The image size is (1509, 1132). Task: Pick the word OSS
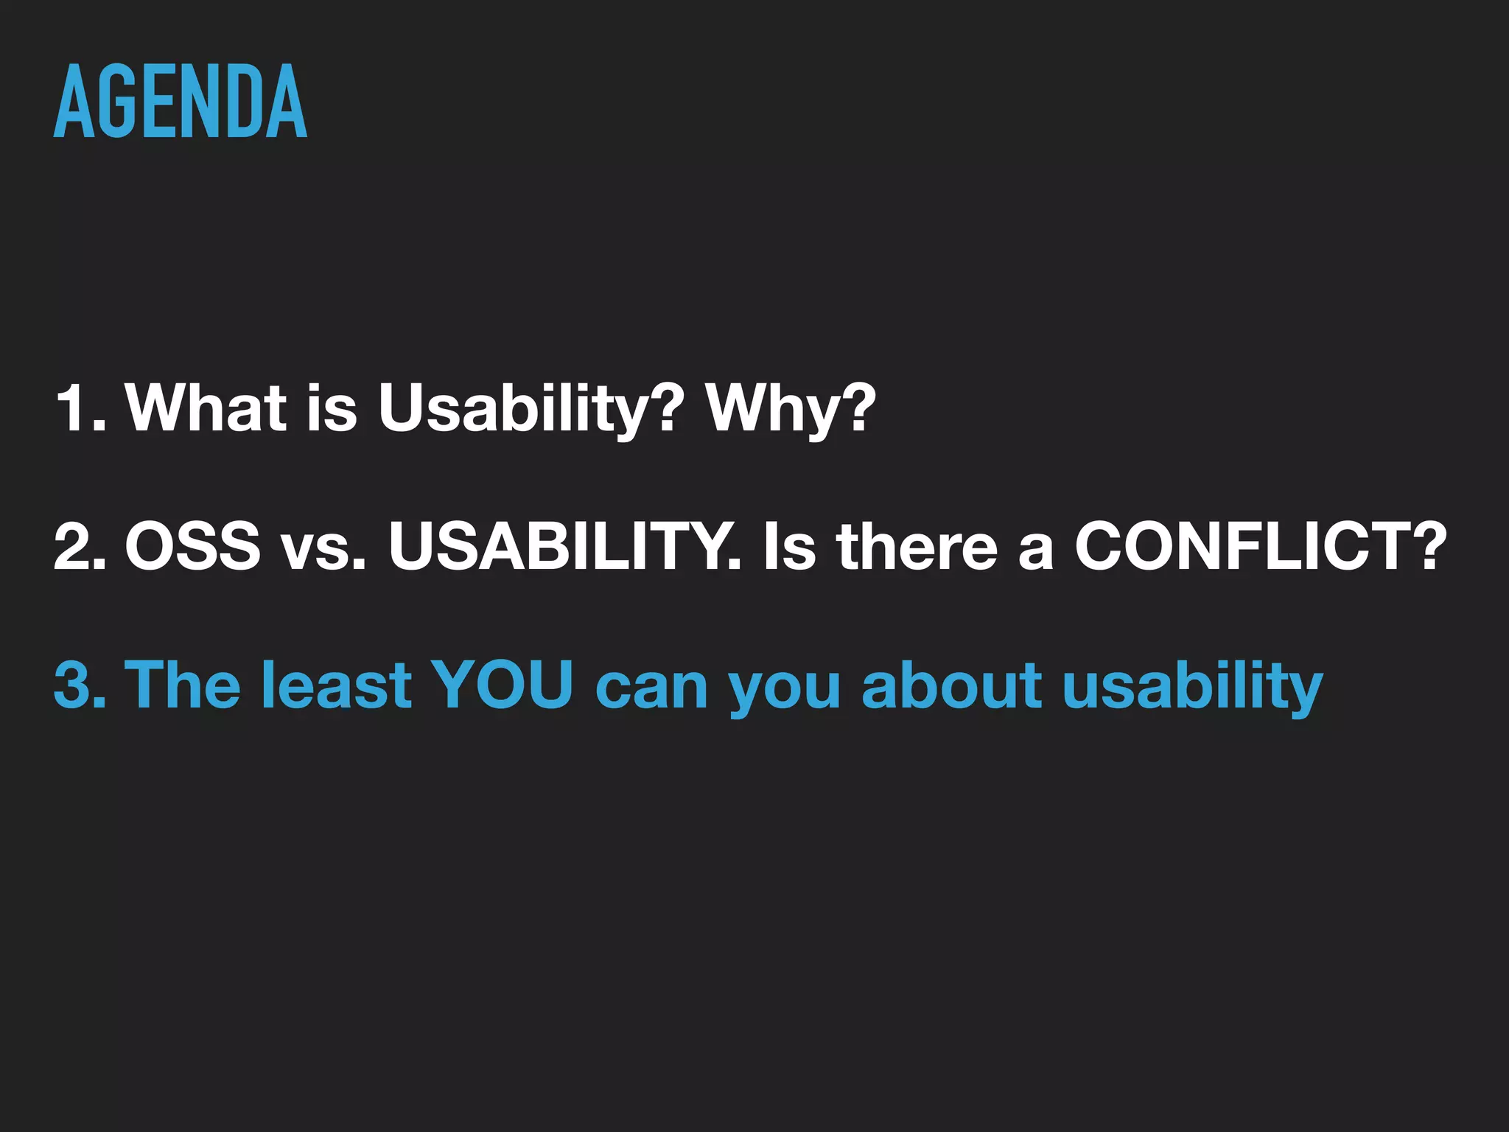point(192,546)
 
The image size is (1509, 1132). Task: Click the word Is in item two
point(789,546)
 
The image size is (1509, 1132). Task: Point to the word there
point(917,546)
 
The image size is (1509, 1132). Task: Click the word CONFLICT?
point(1261,546)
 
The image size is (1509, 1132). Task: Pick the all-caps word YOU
point(502,685)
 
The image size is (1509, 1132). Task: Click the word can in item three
point(651,685)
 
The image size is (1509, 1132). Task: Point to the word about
point(951,685)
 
